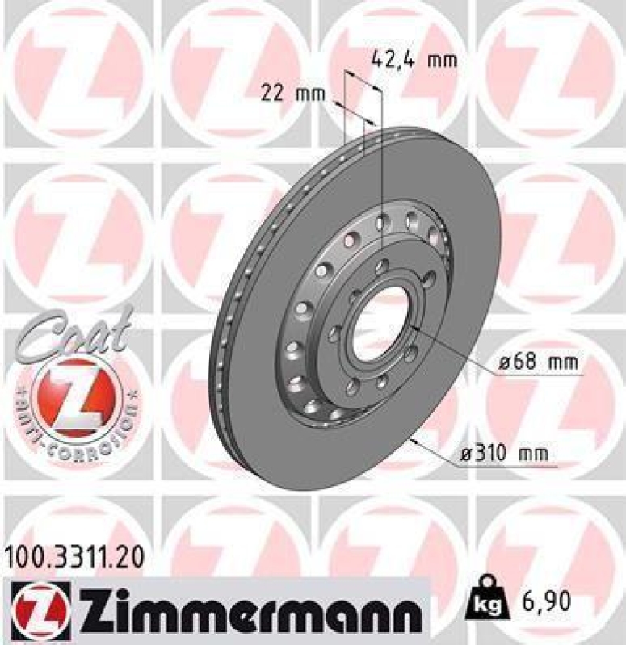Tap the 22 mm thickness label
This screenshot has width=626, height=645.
pos(292,94)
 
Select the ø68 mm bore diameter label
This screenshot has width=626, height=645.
pos(539,364)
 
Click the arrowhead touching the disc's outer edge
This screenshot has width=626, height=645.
pos(414,440)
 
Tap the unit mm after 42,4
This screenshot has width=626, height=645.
pos(440,59)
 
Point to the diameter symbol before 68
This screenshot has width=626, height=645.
pos(506,364)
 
